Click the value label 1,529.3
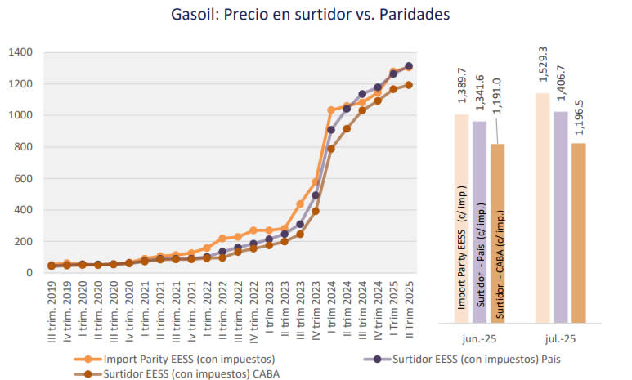(x=542, y=68)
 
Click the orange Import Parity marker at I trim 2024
(x=331, y=110)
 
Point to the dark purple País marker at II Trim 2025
(x=409, y=66)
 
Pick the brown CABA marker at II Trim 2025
(x=409, y=84)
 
